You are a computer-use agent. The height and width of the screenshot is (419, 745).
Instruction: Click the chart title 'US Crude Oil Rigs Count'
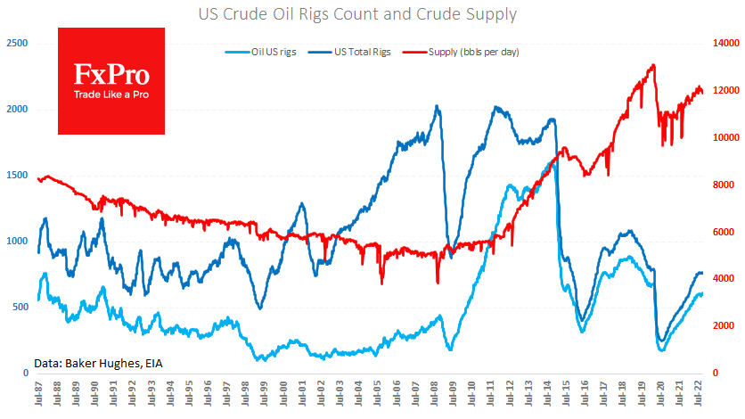[x=372, y=15]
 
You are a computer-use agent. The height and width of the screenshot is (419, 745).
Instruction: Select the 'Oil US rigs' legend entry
[x=261, y=52]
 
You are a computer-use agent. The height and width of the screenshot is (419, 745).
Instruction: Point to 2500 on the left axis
[x=16, y=43]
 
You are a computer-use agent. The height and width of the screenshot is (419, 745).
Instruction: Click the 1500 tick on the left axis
[x=16, y=175]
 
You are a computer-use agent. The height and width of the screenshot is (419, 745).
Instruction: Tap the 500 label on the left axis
[x=19, y=307]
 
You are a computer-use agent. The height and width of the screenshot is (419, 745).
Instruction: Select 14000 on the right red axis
[x=726, y=43]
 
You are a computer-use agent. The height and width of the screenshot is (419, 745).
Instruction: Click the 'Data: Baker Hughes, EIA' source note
[x=98, y=363]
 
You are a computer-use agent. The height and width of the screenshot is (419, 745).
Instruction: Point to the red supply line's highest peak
[x=654, y=64]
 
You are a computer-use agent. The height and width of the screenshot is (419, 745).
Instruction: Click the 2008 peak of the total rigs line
[x=437, y=106]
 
